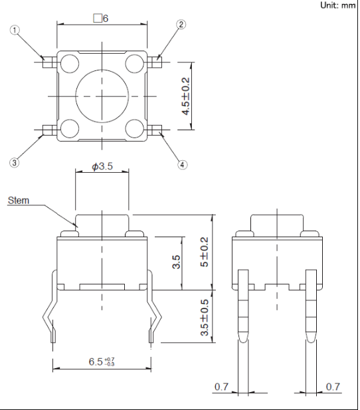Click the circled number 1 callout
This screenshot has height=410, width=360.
click(15, 30)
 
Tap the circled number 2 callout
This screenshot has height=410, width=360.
click(181, 25)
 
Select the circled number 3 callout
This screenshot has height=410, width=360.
click(14, 163)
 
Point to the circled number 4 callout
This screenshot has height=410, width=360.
click(182, 165)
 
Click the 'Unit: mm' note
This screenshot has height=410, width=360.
click(338, 5)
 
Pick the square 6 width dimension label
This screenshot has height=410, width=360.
click(101, 19)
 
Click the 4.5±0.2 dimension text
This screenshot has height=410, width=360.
click(185, 96)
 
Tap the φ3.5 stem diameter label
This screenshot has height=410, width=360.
click(102, 166)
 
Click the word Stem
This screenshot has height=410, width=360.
click(19, 201)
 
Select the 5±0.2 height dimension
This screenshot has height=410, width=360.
click(205, 252)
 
